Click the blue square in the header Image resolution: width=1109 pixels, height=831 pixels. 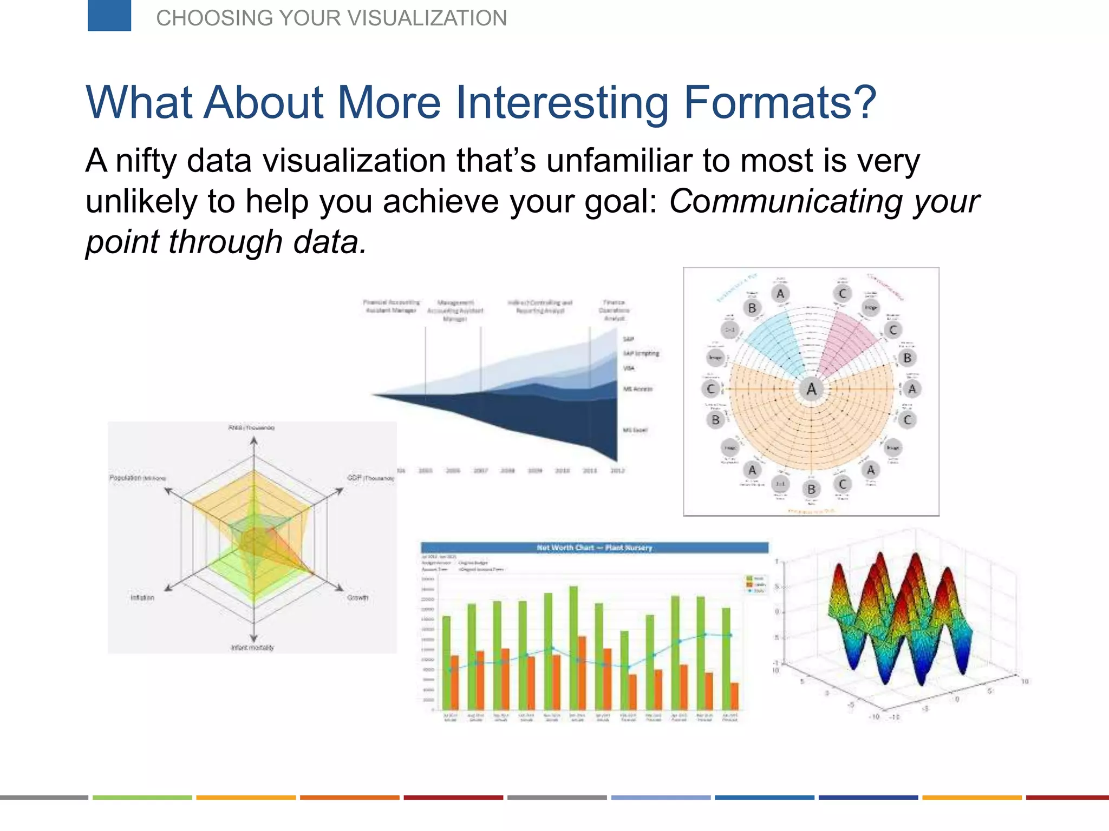click(109, 15)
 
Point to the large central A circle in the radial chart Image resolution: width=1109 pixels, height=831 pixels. click(811, 389)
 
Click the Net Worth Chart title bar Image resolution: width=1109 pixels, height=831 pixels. click(594, 548)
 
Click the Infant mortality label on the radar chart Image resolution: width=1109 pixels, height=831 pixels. click(252, 648)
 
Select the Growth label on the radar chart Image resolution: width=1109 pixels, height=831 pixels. click(357, 598)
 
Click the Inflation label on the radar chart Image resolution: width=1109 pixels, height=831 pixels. click(142, 598)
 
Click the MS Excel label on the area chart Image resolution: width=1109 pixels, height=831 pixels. click(635, 430)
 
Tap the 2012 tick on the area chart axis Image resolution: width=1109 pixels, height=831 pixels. click(617, 471)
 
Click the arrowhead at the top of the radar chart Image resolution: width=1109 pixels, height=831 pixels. click(253, 441)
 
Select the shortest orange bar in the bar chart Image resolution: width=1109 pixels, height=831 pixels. click(734, 696)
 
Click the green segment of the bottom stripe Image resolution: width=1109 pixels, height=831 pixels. click(142, 797)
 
